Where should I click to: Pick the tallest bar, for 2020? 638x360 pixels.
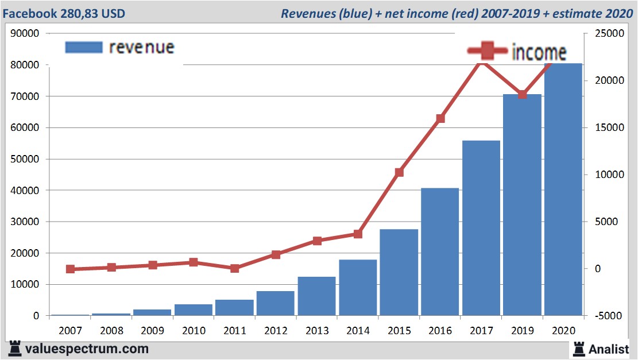coord(563,189)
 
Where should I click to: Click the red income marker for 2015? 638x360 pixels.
coord(399,172)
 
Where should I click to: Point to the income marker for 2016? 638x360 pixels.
coord(440,119)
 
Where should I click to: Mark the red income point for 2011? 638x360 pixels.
coord(234,268)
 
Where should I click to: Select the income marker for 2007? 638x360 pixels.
coord(70,269)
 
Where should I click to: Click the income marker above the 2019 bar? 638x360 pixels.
coord(522,95)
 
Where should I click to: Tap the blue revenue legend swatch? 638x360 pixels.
coord(83,47)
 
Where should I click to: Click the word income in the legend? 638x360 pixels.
coord(539,53)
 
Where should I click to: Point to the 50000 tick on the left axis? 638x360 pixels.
coord(25,159)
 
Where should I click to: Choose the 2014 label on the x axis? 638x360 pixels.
coord(358,331)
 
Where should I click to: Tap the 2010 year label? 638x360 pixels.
coord(194,331)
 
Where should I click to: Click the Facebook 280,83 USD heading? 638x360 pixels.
coord(64,13)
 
